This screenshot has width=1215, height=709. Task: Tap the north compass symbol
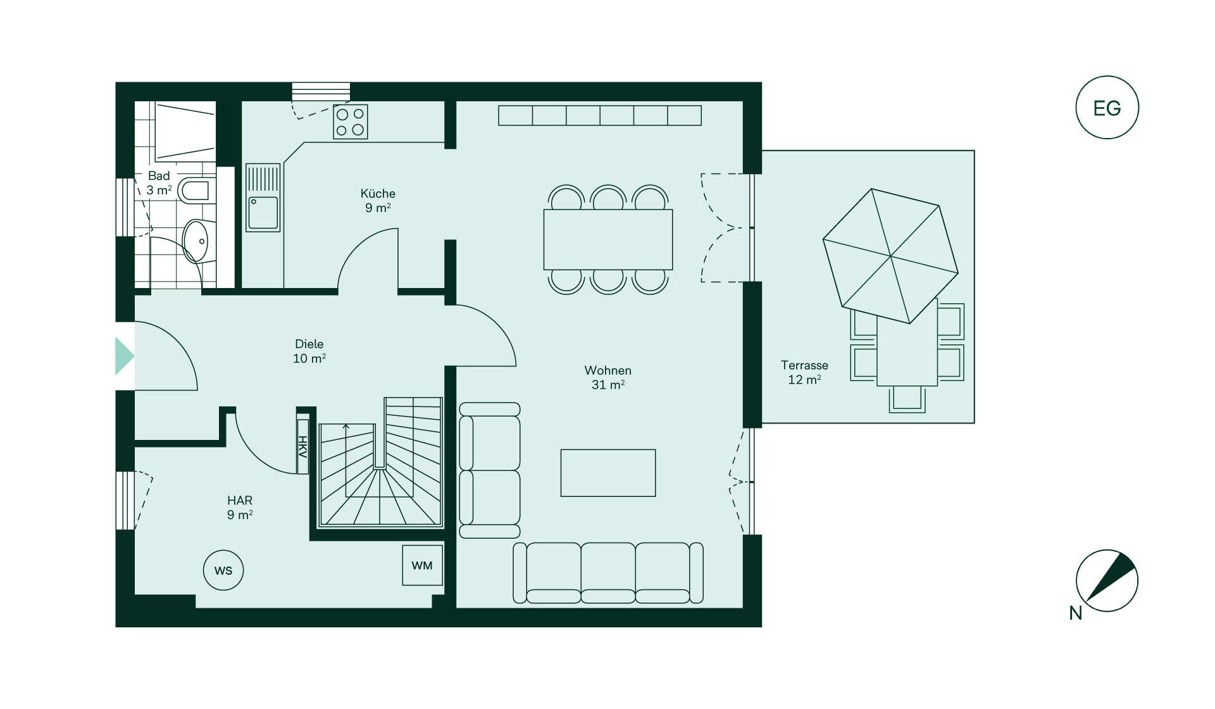tap(1107, 580)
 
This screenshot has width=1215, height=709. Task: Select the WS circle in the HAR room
tap(223, 570)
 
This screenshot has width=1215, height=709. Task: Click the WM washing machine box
tap(422, 565)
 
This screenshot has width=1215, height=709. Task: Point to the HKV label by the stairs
tap(302, 446)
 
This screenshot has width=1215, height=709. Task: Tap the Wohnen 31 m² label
tap(607, 377)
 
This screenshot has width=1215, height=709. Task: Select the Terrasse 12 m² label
tap(804, 372)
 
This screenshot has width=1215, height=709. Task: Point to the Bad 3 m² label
tap(159, 183)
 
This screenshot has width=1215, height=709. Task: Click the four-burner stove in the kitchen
tap(350, 122)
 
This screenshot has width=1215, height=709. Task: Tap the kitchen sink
tap(263, 198)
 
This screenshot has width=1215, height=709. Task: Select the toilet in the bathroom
tap(194, 190)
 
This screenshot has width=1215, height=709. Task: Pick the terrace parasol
tap(890, 256)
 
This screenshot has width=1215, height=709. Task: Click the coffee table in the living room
tap(608, 473)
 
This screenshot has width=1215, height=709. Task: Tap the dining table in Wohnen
tap(608, 240)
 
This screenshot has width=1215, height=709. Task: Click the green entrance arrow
tap(124, 356)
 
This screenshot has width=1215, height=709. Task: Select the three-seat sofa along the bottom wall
tap(608, 573)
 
